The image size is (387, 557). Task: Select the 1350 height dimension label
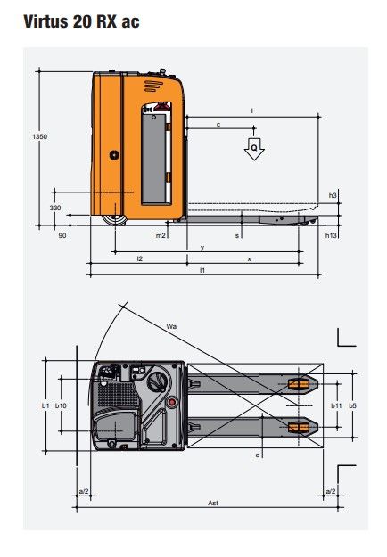pyautogui.click(x=40, y=136)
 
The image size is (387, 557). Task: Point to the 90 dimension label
pyautogui.click(x=62, y=236)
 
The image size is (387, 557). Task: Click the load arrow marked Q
pyautogui.click(x=255, y=149)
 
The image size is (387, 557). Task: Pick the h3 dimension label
pyautogui.click(x=333, y=195)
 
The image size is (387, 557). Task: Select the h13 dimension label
pyautogui.click(x=332, y=235)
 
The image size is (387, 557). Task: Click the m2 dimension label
pyautogui.click(x=161, y=236)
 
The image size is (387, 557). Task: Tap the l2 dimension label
pyautogui.click(x=139, y=258)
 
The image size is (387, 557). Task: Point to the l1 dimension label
pyautogui.click(x=202, y=269)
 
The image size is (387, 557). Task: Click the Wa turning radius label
pyautogui.click(x=171, y=327)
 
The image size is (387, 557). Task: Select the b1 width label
pyautogui.click(x=45, y=405)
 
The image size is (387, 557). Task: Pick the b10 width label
pyautogui.click(x=61, y=405)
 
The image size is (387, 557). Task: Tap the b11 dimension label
pyautogui.click(x=336, y=405)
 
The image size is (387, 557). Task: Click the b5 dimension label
pyautogui.click(x=352, y=405)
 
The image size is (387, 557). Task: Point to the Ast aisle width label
pyautogui.click(x=213, y=504)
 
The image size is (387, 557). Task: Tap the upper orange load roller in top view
pyautogui.click(x=298, y=385)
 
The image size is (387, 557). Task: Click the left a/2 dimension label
pyautogui.click(x=83, y=491)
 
